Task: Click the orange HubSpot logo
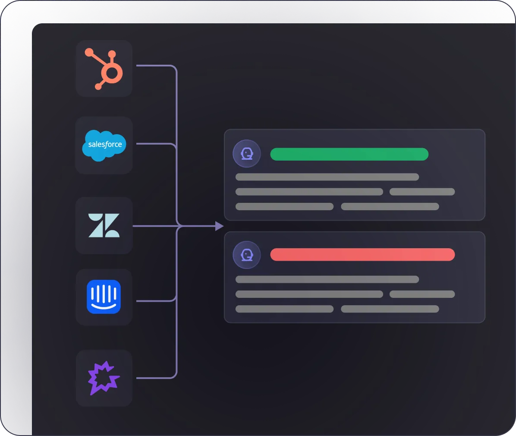(104, 69)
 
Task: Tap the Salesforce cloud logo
(104, 145)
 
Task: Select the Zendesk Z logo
(104, 225)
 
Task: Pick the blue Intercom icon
(104, 297)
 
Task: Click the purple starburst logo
(104, 378)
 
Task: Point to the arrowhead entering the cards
(220, 226)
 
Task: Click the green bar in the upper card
(349, 154)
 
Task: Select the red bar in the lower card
(362, 255)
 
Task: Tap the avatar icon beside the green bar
(246, 154)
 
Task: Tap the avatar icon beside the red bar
(246, 255)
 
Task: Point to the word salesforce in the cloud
(105, 145)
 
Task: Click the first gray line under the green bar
(327, 177)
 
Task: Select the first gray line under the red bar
(327, 279)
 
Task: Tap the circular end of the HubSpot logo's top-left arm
(89, 53)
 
